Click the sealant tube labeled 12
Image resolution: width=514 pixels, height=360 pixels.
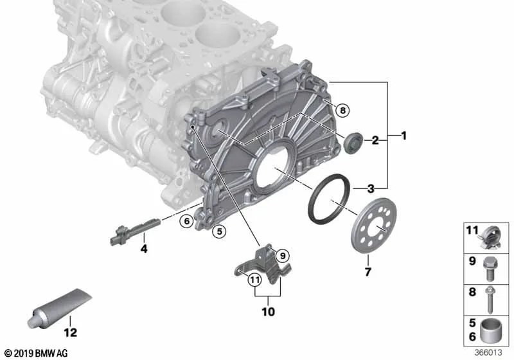59,308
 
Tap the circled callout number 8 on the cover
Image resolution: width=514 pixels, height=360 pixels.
342,111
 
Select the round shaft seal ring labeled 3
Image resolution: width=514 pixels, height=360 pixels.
330,200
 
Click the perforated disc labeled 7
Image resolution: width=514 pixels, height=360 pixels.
373,226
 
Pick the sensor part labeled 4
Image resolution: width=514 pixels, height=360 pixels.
135,232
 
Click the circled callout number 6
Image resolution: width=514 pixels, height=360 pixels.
186,221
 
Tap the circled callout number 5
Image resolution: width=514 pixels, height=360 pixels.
219,231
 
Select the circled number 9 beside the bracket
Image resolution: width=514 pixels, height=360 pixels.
283,255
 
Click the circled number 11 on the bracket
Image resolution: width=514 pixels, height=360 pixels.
254,280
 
